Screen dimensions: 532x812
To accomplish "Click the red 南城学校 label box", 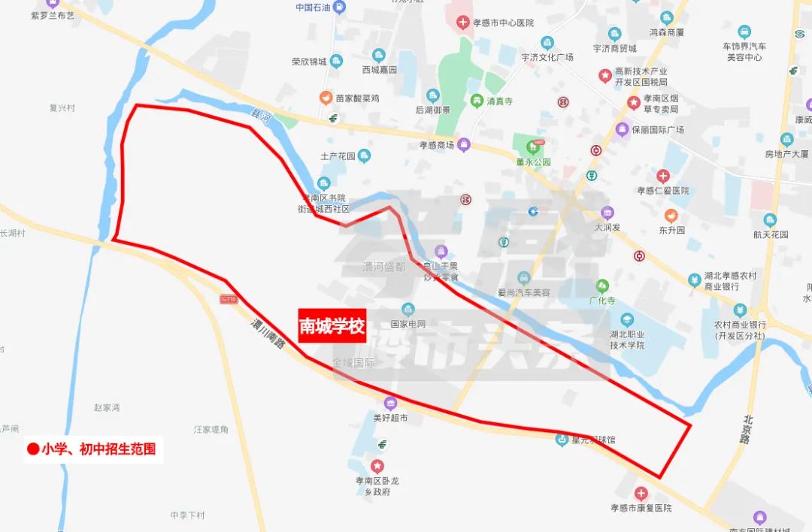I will (332, 326).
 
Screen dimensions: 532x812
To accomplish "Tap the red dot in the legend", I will (33, 449).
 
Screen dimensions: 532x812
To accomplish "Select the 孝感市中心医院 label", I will (502, 22).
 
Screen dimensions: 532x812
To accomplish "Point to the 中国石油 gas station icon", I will (341, 8).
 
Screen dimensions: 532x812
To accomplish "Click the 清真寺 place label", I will (500, 101).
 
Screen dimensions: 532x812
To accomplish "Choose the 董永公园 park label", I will (533, 162).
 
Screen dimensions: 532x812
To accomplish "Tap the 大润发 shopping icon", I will (607, 213).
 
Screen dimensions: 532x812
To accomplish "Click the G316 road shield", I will (228, 299).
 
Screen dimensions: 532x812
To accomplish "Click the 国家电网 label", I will (408, 324).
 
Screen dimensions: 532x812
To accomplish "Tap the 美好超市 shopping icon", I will (390, 403).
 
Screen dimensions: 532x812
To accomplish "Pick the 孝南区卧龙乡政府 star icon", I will (378, 466).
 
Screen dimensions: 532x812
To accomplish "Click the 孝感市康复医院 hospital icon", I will (641, 494).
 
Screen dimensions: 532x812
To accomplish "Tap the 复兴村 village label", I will (62, 108).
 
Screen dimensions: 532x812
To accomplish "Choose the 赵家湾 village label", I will (107, 407).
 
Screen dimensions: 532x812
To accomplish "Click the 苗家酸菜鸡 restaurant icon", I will (326, 98).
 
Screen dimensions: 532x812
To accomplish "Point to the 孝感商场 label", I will (437, 145).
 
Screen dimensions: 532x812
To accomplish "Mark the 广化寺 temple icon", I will (602, 286).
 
